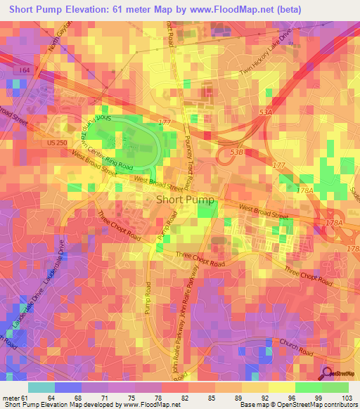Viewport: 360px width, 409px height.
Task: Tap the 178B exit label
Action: pyautogui.click(x=352, y=249)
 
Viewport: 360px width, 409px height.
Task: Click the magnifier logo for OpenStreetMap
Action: pyautogui.click(x=326, y=373)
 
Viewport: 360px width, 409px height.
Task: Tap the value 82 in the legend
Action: pyautogui.click(x=165, y=398)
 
